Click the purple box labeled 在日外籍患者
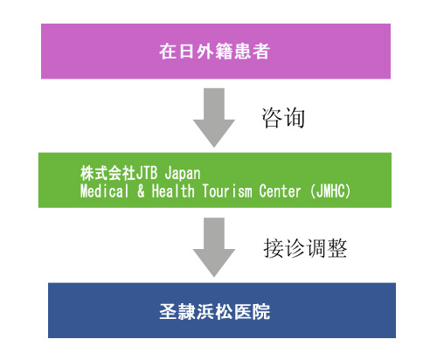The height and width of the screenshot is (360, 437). (216, 52)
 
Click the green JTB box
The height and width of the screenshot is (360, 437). (215, 180)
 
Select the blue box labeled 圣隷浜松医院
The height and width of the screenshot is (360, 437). (222, 310)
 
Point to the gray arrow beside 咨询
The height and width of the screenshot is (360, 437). (214, 118)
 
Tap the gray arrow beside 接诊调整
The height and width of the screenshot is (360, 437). (214, 247)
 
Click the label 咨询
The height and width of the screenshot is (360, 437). (283, 118)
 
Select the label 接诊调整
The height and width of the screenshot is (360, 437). (305, 248)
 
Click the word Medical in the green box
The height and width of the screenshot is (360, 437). (104, 191)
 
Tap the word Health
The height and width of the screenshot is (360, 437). (173, 191)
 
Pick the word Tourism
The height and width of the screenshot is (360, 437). (227, 191)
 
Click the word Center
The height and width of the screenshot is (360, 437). (280, 191)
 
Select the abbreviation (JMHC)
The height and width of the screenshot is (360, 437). (330, 191)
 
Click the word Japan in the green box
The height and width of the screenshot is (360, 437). (183, 174)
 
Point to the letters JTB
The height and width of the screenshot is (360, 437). (147, 173)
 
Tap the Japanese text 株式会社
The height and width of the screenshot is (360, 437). (108, 173)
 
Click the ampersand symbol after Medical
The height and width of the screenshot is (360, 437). (141, 191)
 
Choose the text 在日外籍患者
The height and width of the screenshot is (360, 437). (214, 52)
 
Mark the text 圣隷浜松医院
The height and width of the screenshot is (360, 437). (215, 312)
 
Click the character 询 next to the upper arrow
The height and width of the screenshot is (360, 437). (295, 118)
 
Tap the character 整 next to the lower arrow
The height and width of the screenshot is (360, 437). (336, 248)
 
